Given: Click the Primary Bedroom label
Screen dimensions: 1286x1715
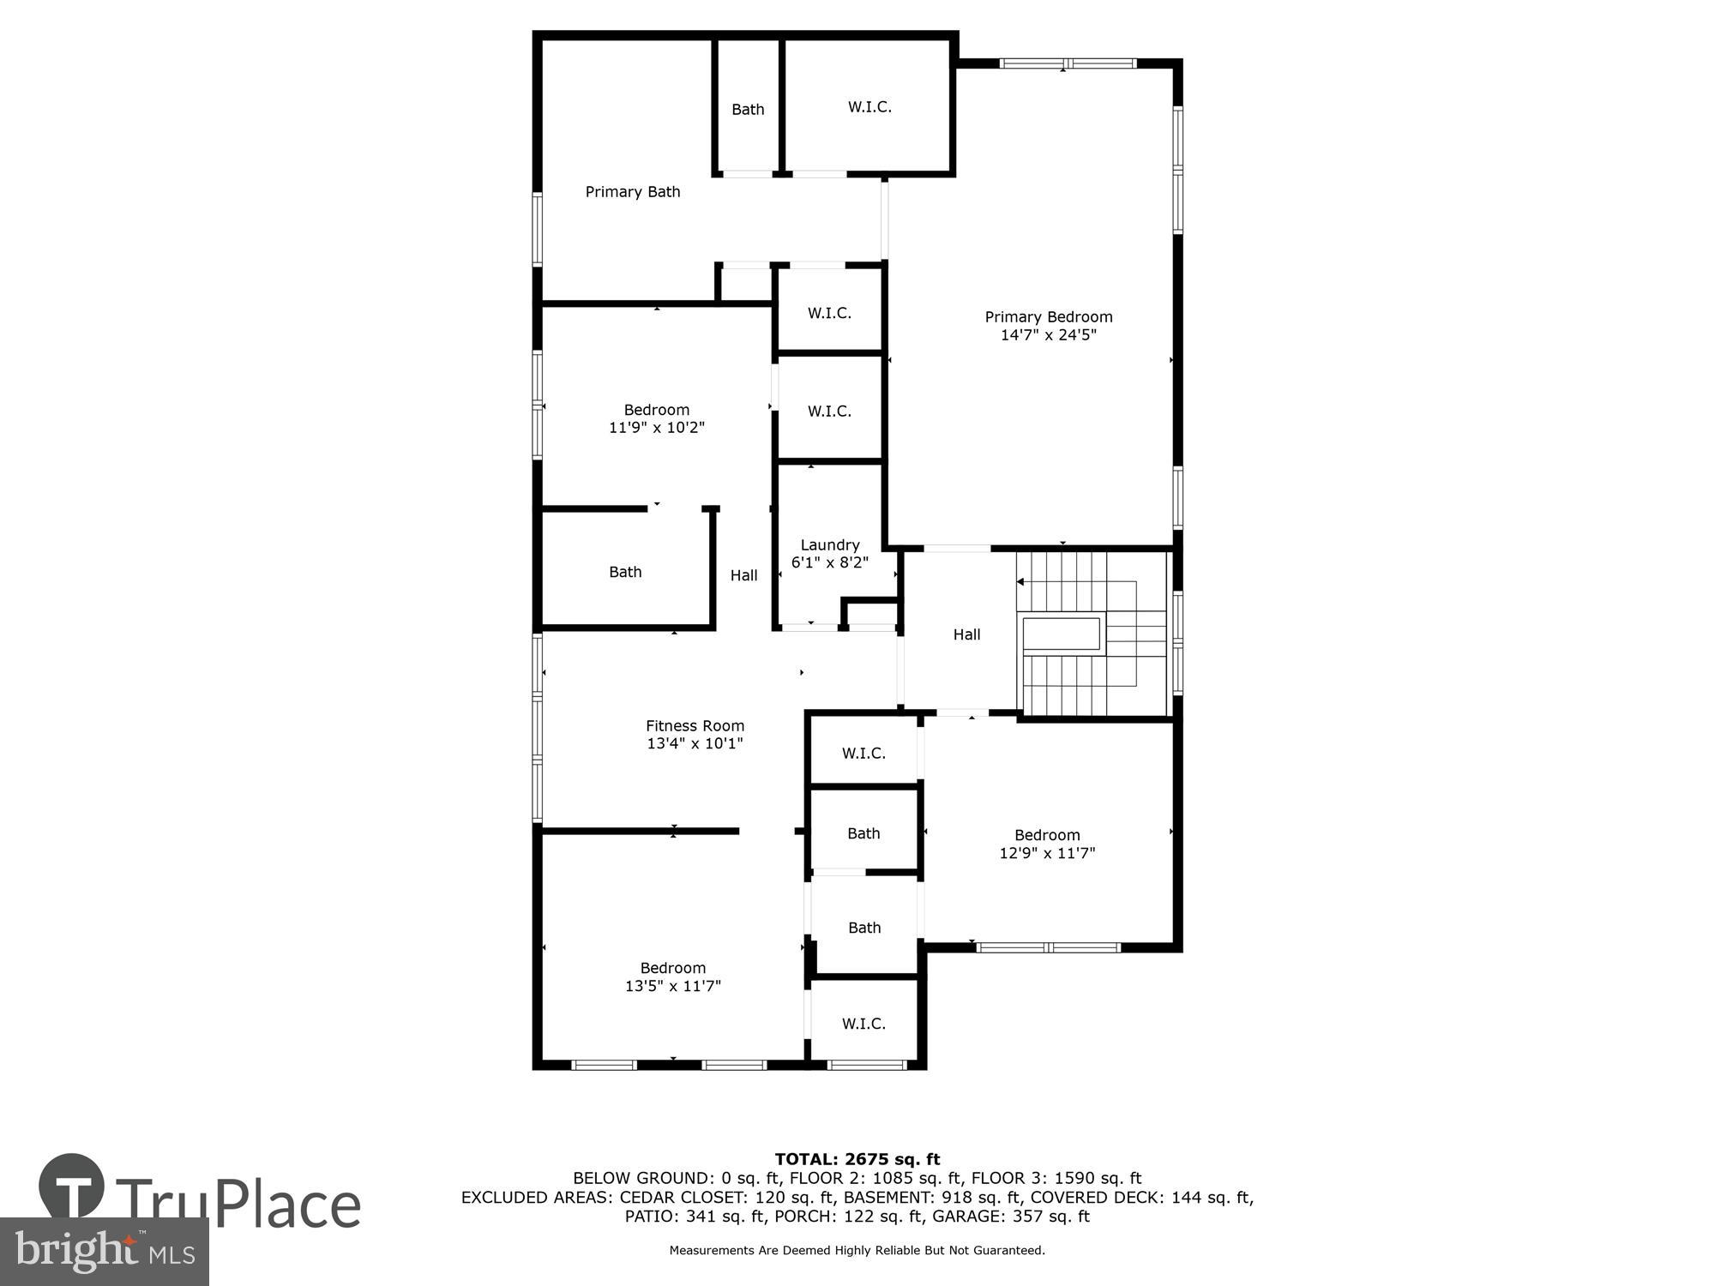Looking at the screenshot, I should point(1048,316).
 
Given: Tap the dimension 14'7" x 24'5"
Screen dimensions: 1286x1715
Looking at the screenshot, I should point(1048,335).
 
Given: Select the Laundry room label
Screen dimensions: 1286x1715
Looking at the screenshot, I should point(829,545).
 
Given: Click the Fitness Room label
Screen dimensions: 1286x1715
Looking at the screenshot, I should point(695,725).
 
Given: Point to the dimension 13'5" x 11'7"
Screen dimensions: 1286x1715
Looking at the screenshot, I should point(672,986).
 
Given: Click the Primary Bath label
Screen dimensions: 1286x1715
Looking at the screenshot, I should point(633,192).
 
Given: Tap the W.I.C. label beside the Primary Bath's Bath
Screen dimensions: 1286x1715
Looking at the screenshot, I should point(870,107).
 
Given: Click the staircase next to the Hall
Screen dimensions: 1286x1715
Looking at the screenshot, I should point(1092,634).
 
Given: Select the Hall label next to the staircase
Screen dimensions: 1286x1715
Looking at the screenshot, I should point(966,634).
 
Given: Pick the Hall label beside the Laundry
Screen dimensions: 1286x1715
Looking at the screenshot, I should point(743,575).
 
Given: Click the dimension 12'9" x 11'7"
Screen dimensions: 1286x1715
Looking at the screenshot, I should point(1047,853).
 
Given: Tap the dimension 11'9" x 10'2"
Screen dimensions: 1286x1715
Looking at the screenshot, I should point(657,428).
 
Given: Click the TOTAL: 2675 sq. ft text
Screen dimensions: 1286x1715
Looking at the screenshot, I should point(857,1159).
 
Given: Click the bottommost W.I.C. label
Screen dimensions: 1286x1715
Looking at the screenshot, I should point(864,1024).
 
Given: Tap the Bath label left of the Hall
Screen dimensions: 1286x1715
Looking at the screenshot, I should point(625,572).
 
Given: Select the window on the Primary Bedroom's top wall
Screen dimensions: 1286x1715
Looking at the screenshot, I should point(1068,63).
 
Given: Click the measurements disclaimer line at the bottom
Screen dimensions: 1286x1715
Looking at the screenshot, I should point(857,1250).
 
